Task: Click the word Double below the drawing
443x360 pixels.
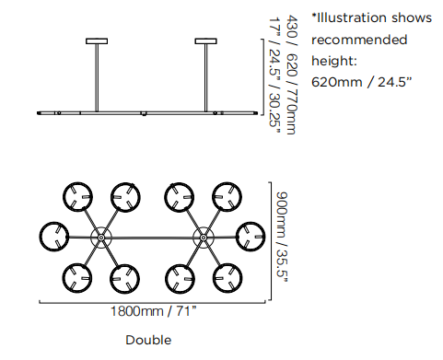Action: tap(148, 340)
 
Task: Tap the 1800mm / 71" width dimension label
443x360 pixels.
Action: tap(153, 311)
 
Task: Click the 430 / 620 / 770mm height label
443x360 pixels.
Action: tap(291, 75)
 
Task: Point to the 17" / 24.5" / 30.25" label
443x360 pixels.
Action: tap(274, 75)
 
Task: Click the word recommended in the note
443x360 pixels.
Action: tap(359, 40)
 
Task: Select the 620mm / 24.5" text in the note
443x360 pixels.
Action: tap(361, 82)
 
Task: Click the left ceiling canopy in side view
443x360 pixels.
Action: tap(97, 41)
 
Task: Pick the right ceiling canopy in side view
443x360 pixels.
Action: tap(206, 41)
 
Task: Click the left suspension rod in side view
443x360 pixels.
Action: tap(97, 77)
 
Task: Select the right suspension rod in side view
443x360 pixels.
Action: tap(206, 77)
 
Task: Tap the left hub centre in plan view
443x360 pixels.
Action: tap(101, 238)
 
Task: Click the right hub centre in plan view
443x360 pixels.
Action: tap(204, 238)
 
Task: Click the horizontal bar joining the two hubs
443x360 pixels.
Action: tap(152, 238)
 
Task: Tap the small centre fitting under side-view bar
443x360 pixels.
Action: tap(144, 113)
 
